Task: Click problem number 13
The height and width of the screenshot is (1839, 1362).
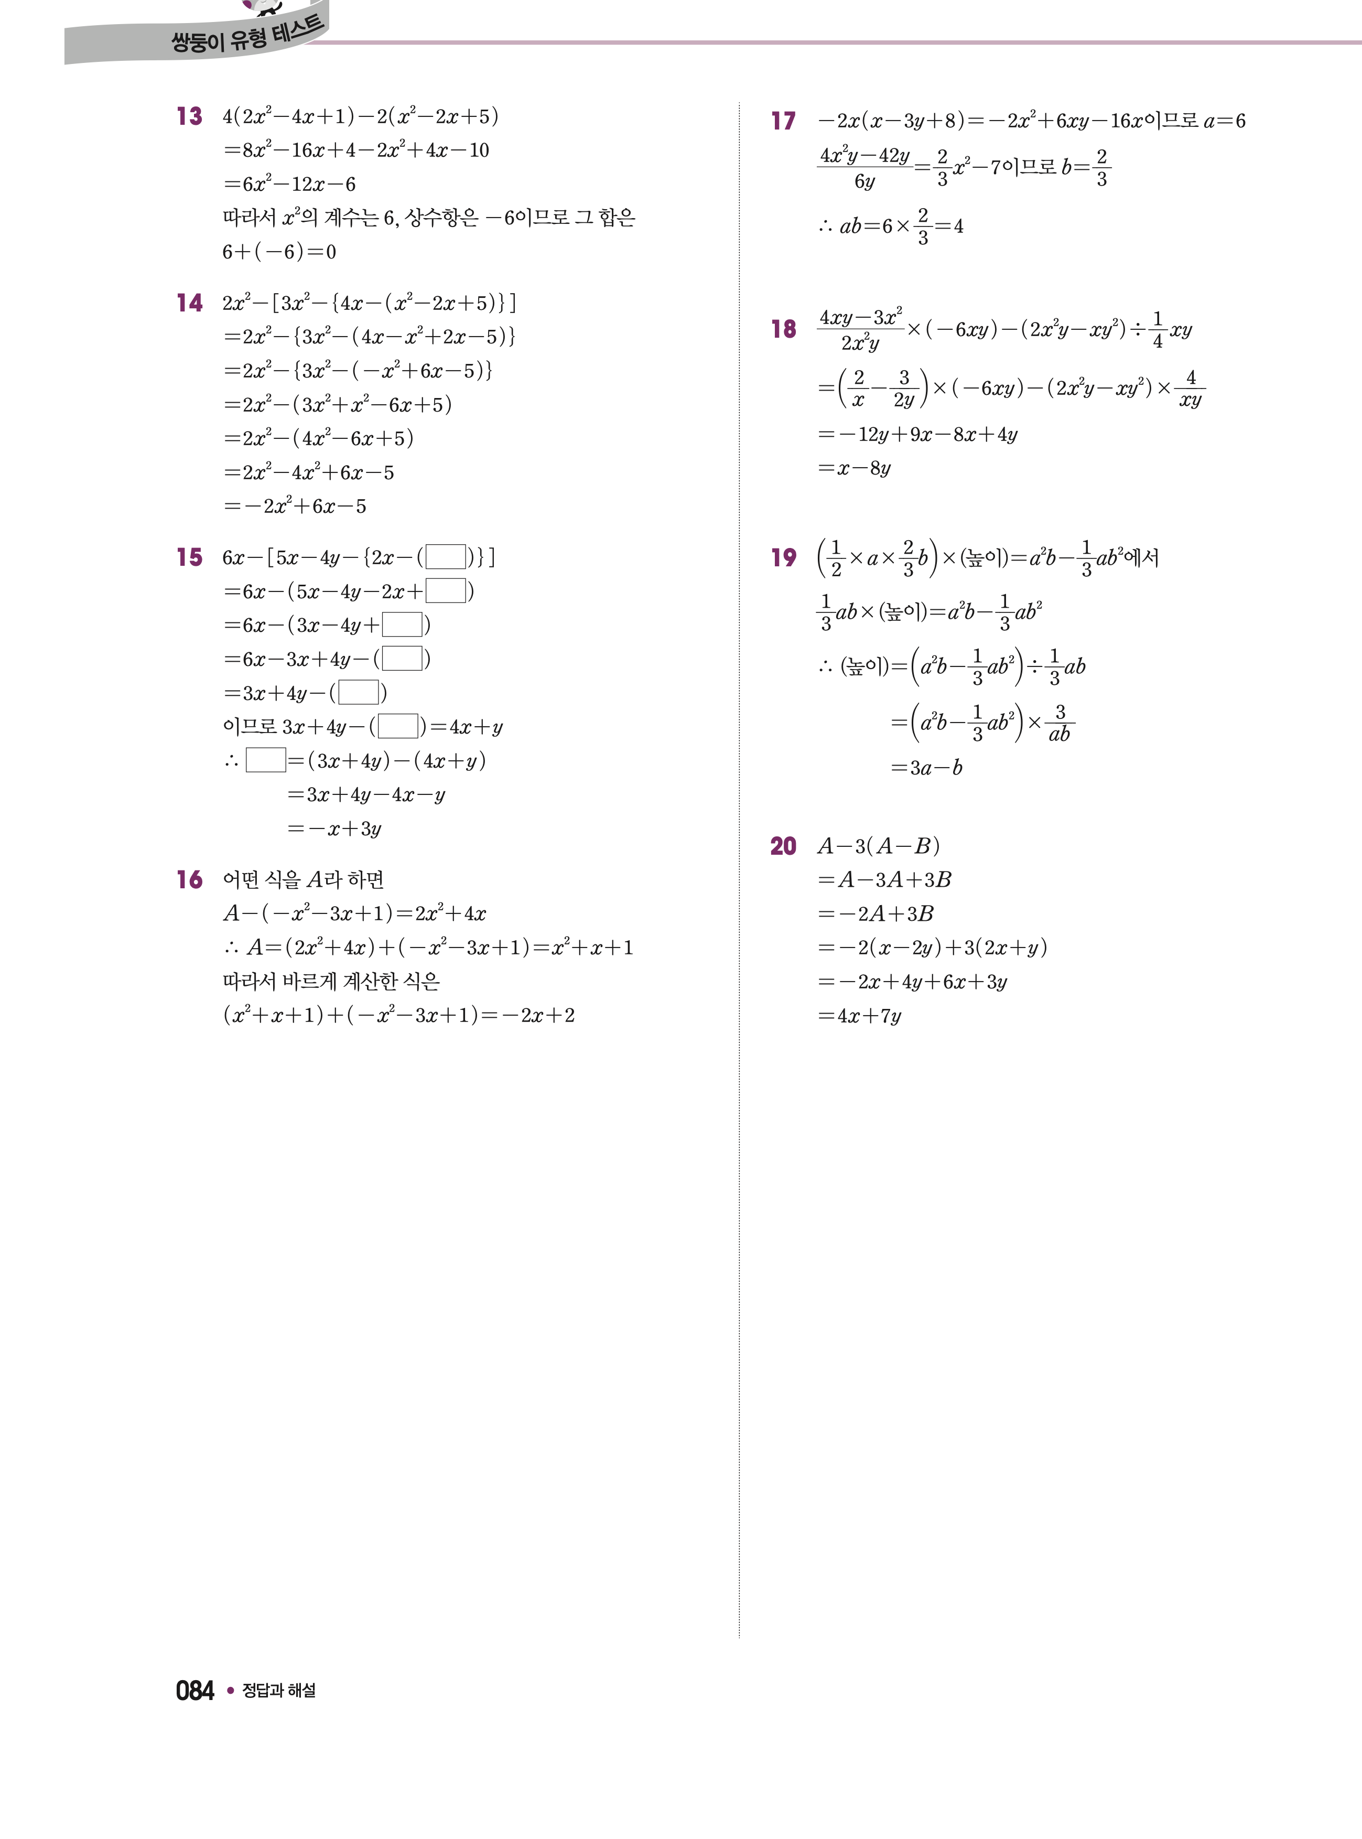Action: pyautogui.click(x=189, y=116)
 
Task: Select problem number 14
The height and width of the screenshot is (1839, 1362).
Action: pyautogui.click(x=189, y=304)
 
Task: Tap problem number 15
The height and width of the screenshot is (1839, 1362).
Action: pyautogui.click(x=189, y=557)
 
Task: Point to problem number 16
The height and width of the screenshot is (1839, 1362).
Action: pyautogui.click(x=189, y=880)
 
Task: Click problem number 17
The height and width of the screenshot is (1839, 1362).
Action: pyautogui.click(x=783, y=121)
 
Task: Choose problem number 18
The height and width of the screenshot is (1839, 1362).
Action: pyautogui.click(x=783, y=329)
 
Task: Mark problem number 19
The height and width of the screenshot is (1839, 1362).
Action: pyautogui.click(x=783, y=557)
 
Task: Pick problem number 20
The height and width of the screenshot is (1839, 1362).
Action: pyautogui.click(x=783, y=846)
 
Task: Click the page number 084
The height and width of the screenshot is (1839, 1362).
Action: pyautogui.click(x=194, y=1691)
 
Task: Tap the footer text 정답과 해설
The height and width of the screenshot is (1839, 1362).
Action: pyautogui.click(x=279, y=1691)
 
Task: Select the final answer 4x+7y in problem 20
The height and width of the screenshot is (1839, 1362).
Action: pyautogui.click(x=860, y=1016)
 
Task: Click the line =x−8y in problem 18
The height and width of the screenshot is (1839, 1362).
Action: pyautogui.click(x=853, y=468)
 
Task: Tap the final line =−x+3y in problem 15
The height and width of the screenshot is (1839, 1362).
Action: pyautogui.click(x=334, y=829)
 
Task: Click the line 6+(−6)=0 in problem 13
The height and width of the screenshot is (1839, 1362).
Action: pyautogui.click(x=279, y=252)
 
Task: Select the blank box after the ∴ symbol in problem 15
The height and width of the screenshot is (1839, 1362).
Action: pyautogui.click(x=265, y=760)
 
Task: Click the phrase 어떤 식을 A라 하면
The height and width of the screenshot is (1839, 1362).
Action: pyautogui.click(x=304, y=880)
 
